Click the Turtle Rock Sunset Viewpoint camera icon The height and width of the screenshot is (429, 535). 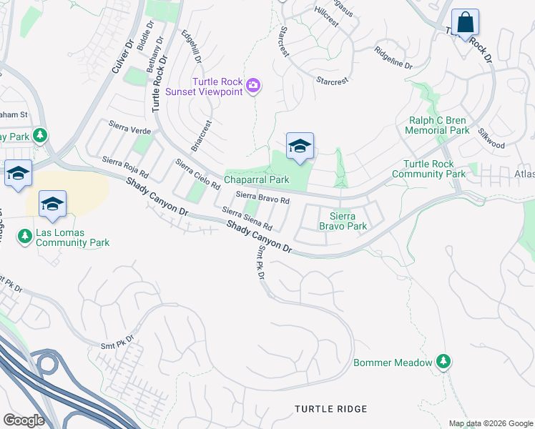pyautogui.click(x=252, y=87)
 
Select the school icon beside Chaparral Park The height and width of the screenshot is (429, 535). pyautogui.click(x=300, y=147)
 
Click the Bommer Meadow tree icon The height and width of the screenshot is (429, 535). pyautogui.click(x=444, y=362)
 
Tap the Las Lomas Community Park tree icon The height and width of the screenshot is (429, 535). pyautogui.click(x=24, y=235)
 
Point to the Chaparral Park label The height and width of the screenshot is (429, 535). pyautogui.click(x=257, y=180)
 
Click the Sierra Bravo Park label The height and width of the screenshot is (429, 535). pyautogui.click(x=348, y=221)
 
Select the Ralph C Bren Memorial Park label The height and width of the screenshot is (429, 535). pyautogui.click(x=437, y=126)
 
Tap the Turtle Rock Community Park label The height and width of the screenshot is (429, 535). pyautogui.click(x=428, y=169)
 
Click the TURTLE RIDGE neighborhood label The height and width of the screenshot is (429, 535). pyautogui.click(x=331, y=409)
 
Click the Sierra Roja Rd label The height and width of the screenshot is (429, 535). pyautogui.click(x=125, y=168)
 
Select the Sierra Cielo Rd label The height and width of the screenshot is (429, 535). pyautogui.click(x=197, y=175)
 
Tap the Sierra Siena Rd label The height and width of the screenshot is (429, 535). pyautogui.click(x=247, y=220)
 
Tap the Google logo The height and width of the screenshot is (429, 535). pyautogui.click(x=24, y=420)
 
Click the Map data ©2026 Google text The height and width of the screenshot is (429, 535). pyautogui.click(x=490, y=423)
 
